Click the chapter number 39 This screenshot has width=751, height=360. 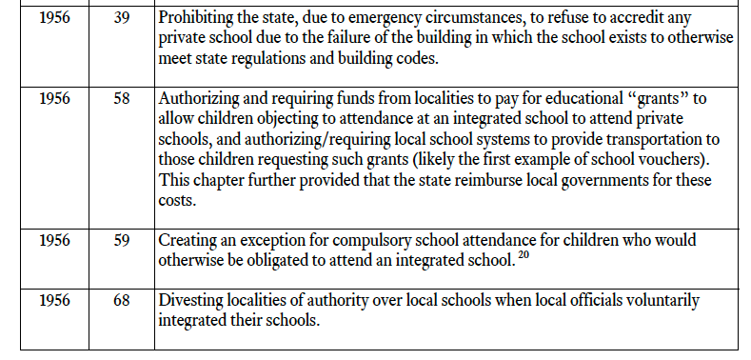pos(121,18)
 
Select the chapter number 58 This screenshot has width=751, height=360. pos(121,98)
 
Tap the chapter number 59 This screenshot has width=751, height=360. pos(121,241)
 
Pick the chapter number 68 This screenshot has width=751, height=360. pos(121,300)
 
